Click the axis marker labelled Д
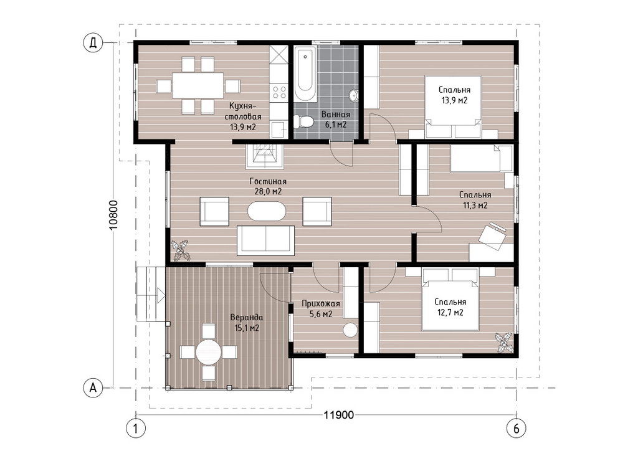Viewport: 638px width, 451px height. click(x=93, y=43)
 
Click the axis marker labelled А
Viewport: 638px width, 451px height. click(x=93, y=387)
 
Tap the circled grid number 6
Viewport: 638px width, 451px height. click(x=517, y=428)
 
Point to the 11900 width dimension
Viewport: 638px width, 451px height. click(x=339, y=415)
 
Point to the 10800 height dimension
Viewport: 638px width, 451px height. click(x=113, y=215)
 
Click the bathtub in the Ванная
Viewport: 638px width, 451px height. click(x=305, y=74)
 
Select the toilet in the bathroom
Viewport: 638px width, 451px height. click(x=303, y=121)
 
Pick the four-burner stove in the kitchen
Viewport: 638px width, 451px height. click(x=279, y=92)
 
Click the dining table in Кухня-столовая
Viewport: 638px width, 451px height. click(x=198, y=85)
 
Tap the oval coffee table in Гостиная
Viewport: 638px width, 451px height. click(x=267, y=211)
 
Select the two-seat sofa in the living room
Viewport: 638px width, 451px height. click(x=265, y=240)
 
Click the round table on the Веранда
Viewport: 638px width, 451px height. click(x=208, y=351)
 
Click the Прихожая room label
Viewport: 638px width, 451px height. click(x=321, y=303)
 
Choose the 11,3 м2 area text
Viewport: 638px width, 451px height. click(x=475, y=206)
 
